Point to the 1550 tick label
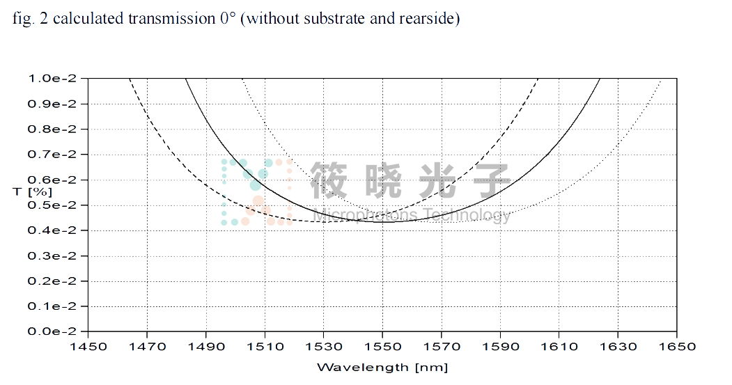pos(382,345)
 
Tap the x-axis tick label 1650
pos(677,345)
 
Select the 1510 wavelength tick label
pos(264,345)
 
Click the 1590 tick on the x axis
pos(500,345)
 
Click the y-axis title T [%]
pos(32,189)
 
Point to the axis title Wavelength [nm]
pos(382,367)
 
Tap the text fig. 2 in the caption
pos(29,19)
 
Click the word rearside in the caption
pos(426,19)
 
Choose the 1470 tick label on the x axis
pos(146,345)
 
